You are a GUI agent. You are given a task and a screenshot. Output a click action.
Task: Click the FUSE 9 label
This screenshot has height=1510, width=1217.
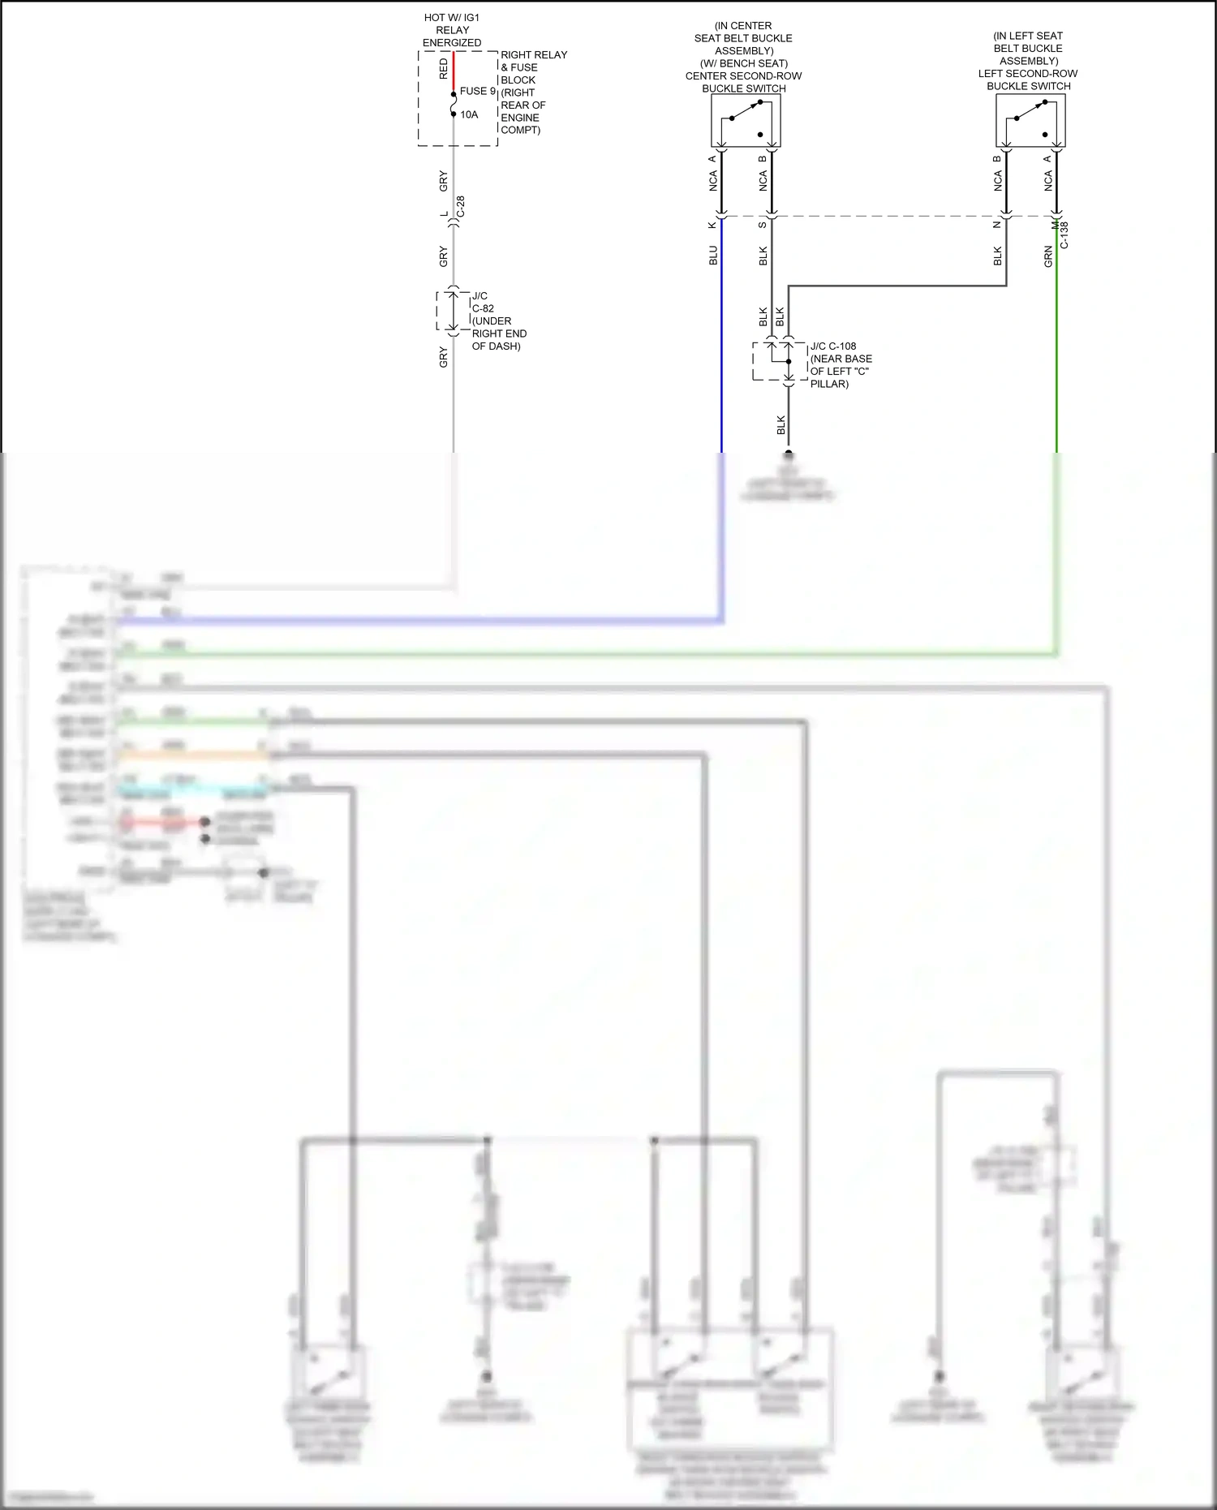tap(477, 92)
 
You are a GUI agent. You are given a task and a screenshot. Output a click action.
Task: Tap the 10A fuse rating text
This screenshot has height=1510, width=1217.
tap(469, 115)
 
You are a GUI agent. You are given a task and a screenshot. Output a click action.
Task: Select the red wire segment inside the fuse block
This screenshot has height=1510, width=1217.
tap(454, 71)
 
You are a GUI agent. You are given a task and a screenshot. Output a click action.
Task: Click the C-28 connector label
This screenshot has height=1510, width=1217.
tap(461, 207)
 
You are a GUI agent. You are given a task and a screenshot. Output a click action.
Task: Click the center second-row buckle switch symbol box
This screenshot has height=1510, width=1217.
tap(746, 120)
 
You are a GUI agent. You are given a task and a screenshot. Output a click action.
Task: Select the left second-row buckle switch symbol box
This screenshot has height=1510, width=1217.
tap(1030, 120)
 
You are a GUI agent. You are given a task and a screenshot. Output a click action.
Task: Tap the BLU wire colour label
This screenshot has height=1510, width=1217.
tap(713, 255)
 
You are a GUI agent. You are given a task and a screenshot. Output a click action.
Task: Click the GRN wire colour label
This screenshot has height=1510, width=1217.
tap(1048, 256)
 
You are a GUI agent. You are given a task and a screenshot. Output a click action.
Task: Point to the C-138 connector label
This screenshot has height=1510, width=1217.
tap(1064, 234)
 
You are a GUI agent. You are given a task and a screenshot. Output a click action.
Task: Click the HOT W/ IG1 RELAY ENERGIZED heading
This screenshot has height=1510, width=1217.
tap(452, 30)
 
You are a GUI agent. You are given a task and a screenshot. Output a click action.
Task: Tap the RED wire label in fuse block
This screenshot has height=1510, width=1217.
tap(443, 68)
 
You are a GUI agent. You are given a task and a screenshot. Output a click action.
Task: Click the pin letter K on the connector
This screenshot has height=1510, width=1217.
tap(712, 225)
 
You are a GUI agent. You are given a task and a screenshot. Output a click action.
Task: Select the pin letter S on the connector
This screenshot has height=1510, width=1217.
tap(763, 225)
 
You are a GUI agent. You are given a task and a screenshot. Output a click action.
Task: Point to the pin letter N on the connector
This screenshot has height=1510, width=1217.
tap(997, 225)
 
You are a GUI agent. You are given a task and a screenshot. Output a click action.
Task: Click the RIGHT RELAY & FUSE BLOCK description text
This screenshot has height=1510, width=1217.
tap(532, 92)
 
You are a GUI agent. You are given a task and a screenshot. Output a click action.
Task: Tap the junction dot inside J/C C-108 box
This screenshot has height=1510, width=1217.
tap(789, 362)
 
